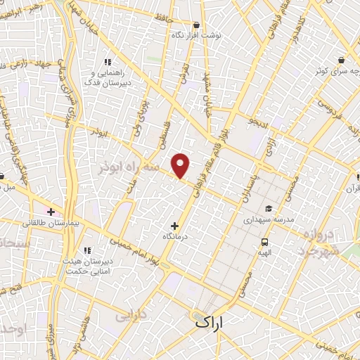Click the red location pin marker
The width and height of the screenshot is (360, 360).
(181, 165)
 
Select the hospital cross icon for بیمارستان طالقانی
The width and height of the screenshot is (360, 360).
(51, 211)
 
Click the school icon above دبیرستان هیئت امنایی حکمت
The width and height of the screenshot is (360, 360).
(87, 250)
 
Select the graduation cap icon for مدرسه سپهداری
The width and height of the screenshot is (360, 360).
(268, 209)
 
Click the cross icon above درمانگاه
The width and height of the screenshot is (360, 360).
(175, 226)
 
